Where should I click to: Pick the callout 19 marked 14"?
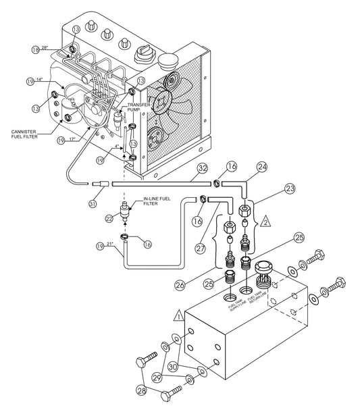[x=30, y=82]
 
